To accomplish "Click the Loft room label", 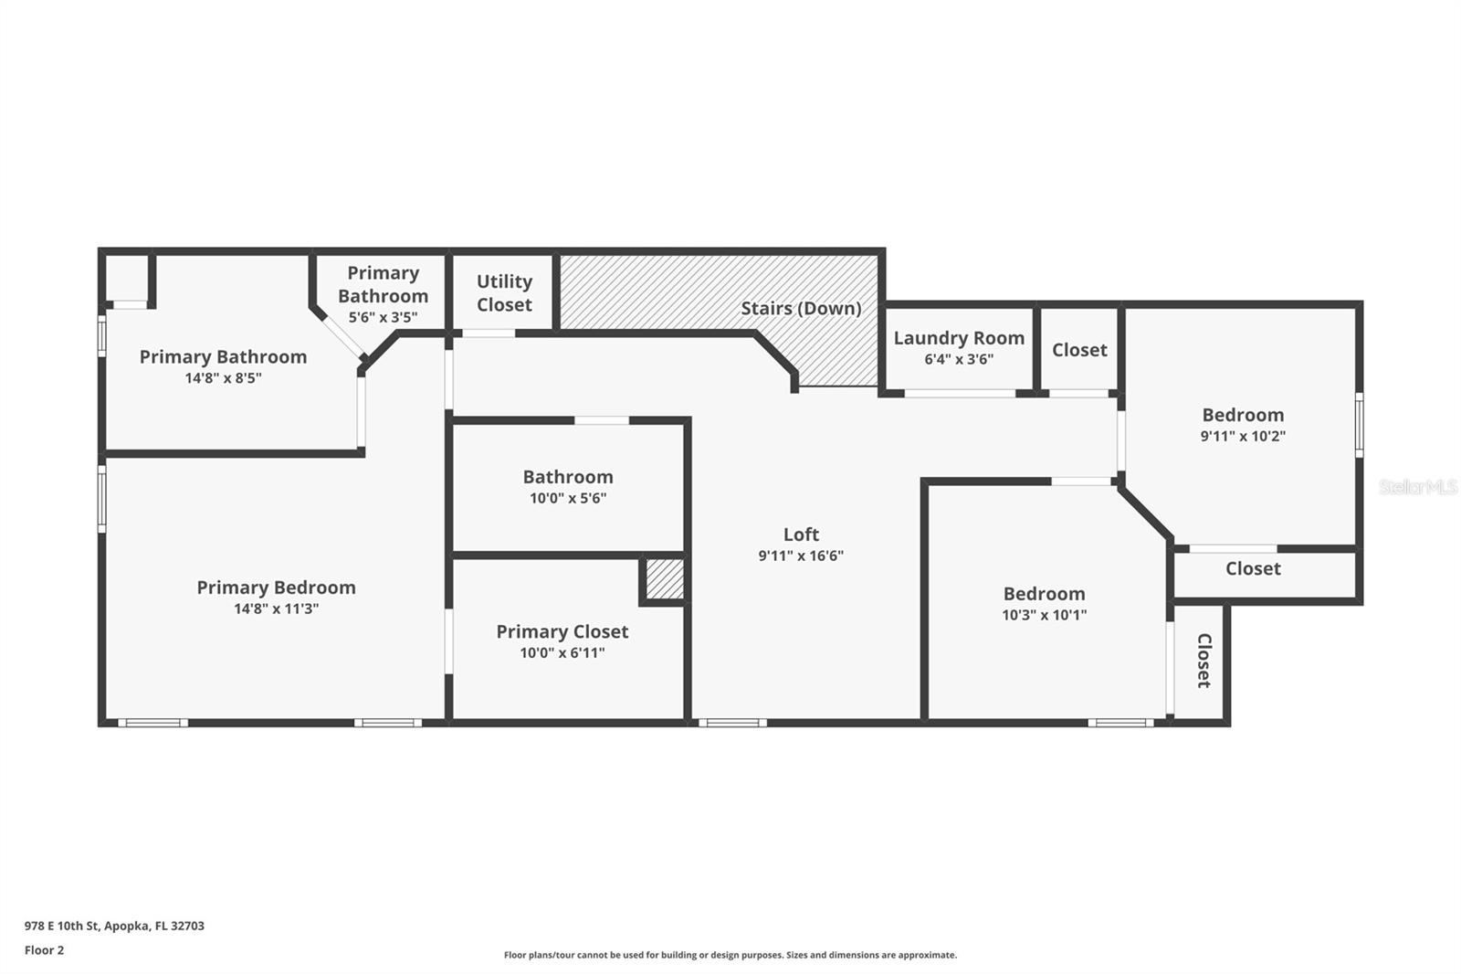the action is pos(801,535).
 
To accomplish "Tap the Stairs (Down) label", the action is pos(801,308).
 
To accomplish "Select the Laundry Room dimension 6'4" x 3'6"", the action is pos(959,359).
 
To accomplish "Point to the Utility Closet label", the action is pos(504,293).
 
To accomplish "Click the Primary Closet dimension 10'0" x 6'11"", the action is pos(562,652).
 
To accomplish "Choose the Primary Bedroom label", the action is pos(276,588).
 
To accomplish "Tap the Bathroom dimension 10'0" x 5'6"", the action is pos(568,498).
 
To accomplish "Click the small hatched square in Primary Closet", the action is pos(665,578).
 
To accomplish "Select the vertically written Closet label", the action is pos(1204,661).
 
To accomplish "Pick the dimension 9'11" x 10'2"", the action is pos(1243,436).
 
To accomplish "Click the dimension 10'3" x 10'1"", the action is pos(1045,615).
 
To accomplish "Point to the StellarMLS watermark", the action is pos(1418,487).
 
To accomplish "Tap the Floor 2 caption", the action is pos(45,950).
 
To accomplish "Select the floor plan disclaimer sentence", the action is pos(730,955).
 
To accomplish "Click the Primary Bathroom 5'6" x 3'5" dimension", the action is pos(383,317).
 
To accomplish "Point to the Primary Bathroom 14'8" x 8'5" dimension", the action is pos(223,378).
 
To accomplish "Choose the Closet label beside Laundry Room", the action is pos(1079,350).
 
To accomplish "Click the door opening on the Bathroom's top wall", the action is pos(602,420).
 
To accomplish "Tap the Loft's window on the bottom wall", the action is pos(732,723).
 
